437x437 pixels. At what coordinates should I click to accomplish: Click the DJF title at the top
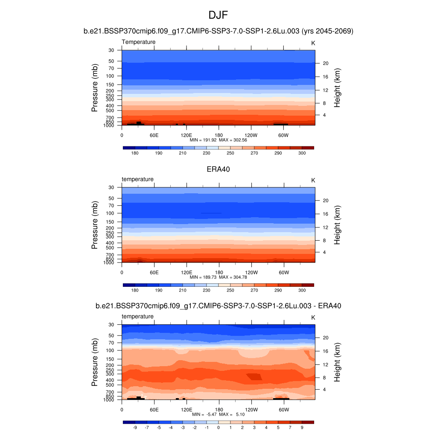[218, 15]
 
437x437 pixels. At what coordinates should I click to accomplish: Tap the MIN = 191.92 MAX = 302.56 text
[218, 140]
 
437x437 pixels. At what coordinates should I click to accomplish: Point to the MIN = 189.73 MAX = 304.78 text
[218, 277]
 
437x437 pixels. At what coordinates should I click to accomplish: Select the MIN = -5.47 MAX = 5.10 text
[218, 414]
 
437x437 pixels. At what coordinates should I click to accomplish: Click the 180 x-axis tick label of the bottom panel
[218, 410]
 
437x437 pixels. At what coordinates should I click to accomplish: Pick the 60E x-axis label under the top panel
[154, 135]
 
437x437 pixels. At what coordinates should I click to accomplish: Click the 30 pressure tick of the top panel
[111, 50]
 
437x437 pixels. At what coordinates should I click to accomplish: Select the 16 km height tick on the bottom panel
[324, 351]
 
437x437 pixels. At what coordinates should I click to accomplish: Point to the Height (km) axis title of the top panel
[337, 87]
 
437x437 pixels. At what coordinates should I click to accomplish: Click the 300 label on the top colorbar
[302, 153]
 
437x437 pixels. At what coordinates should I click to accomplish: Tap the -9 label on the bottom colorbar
[135, 427]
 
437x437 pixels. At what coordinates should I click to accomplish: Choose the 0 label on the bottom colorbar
[218, 427]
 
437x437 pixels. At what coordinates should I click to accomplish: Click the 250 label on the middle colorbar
[230, 290]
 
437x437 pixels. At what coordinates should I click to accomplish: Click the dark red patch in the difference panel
[254, 376]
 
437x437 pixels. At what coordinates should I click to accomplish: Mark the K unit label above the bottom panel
[313, 318]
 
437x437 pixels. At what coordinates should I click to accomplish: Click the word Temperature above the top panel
[139, 42]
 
